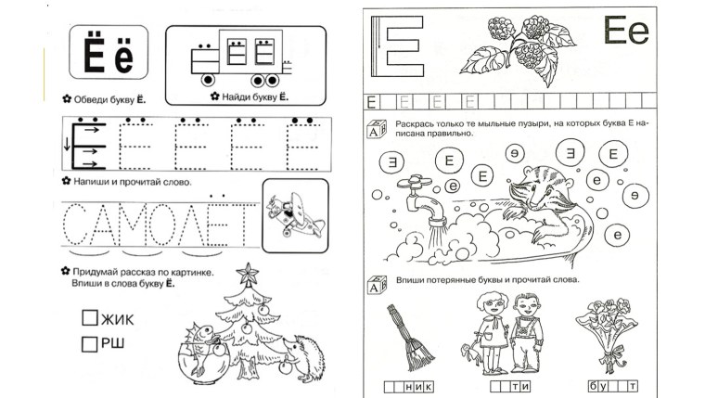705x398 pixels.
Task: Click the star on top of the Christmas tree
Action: point(248,274)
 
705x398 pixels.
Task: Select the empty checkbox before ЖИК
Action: point(90,317)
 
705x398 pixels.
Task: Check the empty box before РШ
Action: point(89,344)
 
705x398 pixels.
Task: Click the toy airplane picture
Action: point(294,215)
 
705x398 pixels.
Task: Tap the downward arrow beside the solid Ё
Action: point(67,144)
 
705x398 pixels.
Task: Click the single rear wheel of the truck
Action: point(208,80)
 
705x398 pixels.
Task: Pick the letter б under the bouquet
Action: point(593,386)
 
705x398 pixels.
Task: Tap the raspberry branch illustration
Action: point(519,49)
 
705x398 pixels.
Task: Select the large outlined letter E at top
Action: point(397,46)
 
